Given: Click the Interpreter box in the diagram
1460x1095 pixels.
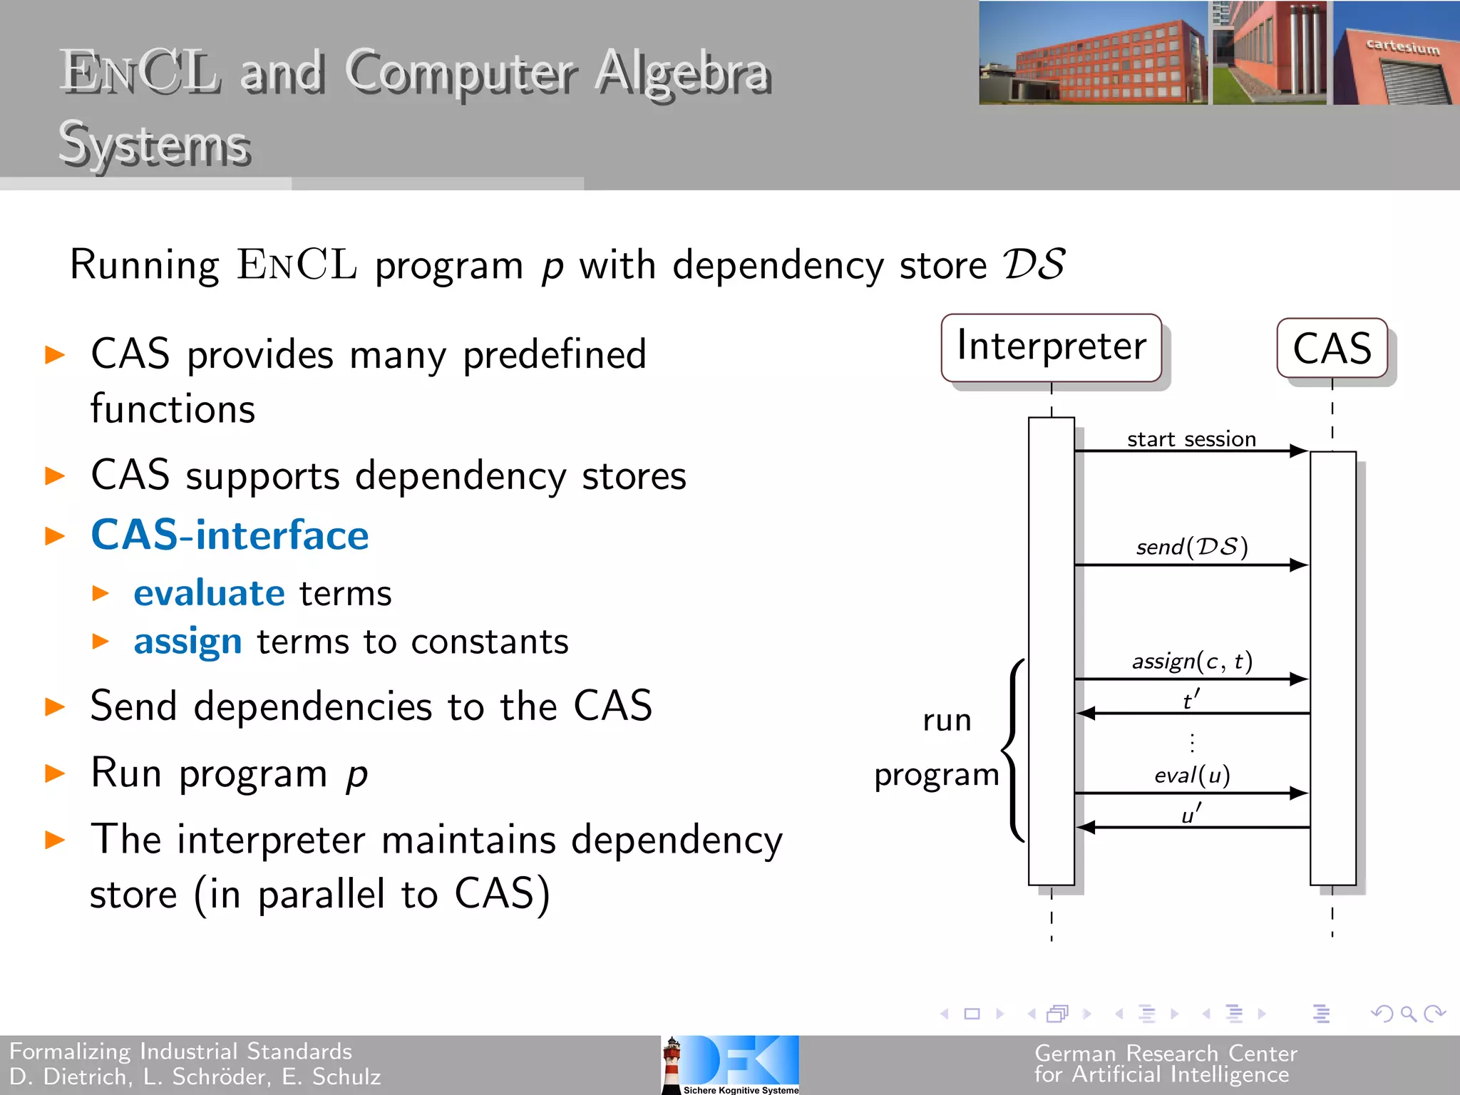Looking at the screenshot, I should (x=1051, y=347).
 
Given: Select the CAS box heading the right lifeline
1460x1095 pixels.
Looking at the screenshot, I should (x=1332, y=349).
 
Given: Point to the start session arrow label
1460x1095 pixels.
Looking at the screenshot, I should (x=1191, y=439).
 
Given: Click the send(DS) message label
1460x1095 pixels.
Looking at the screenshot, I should (x=1191, y=547).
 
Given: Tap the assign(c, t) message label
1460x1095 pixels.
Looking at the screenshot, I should (x=1191, y=662).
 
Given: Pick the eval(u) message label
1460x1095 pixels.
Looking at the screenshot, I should (x=1191, y=775).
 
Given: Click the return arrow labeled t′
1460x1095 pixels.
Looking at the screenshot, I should (x=1191, y=712).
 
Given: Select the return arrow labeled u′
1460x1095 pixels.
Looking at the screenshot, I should (x=1191, y=827).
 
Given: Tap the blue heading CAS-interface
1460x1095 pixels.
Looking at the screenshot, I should (x=230, y=535).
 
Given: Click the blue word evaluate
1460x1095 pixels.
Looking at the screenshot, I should (x=209, y=593).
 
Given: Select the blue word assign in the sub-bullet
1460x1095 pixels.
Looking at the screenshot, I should (x=187, y=642).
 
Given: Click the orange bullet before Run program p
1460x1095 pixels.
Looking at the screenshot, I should (x=55, y=773).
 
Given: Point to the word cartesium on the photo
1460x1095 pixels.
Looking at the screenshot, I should (x=1402, y=47).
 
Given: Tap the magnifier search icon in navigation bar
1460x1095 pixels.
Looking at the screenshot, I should (x=1407, y=1013).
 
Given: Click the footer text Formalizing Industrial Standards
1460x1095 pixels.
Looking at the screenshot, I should (x=180, y=1051).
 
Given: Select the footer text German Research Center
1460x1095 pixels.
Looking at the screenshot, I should (x=1165, y=1052).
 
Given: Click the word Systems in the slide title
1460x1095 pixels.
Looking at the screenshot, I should (x=154, y=145).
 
